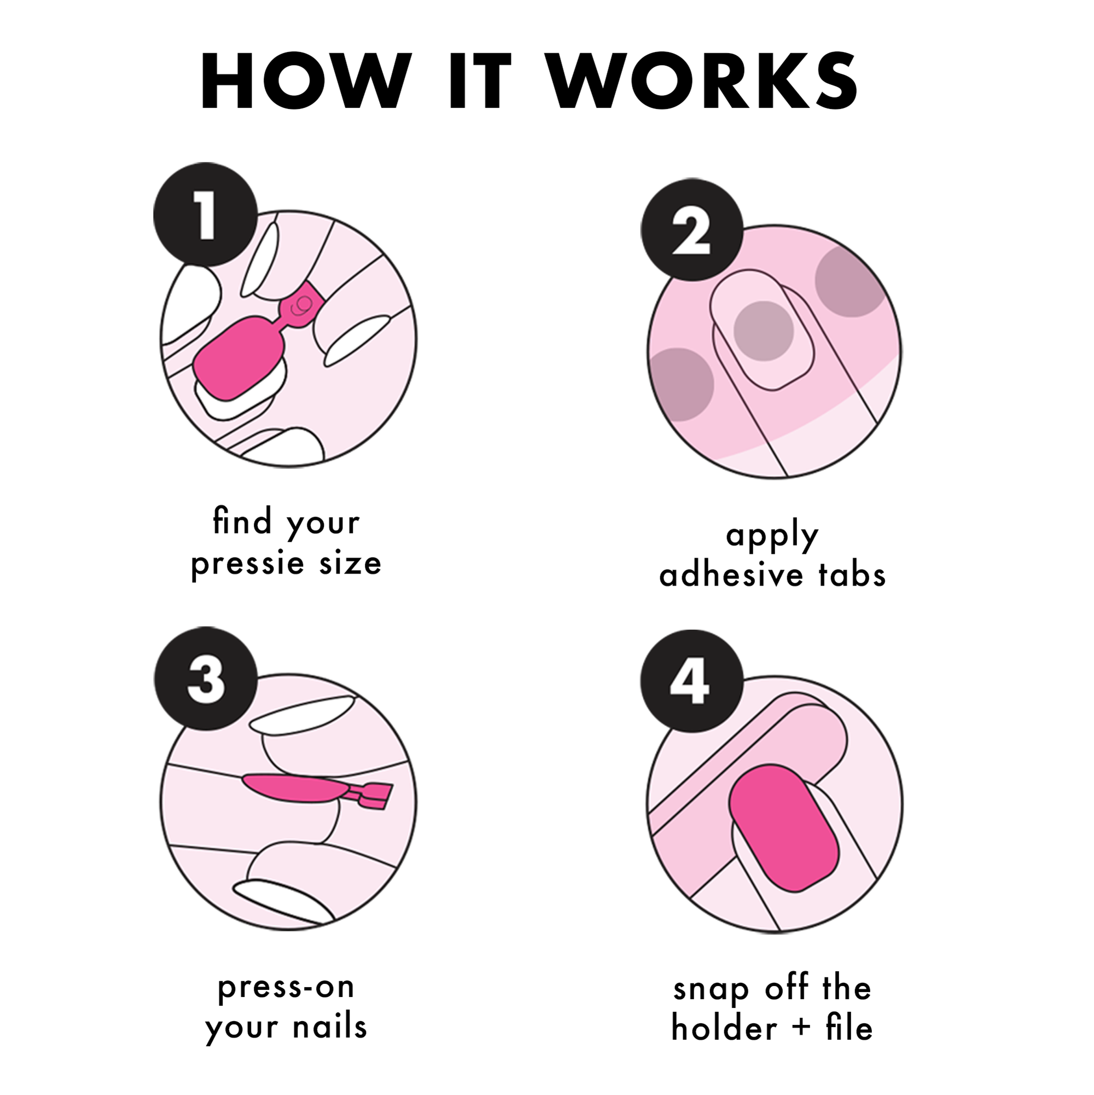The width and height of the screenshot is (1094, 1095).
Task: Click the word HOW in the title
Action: pyautogui.click(x=305, y=81)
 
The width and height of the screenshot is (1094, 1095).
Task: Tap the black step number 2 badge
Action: pyautogui.click(x=692, y=229)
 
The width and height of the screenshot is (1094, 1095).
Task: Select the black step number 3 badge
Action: pyautogui.click(x=206, y=679)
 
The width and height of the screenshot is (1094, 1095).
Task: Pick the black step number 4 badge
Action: pyautogui.click(x=692, y=681)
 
